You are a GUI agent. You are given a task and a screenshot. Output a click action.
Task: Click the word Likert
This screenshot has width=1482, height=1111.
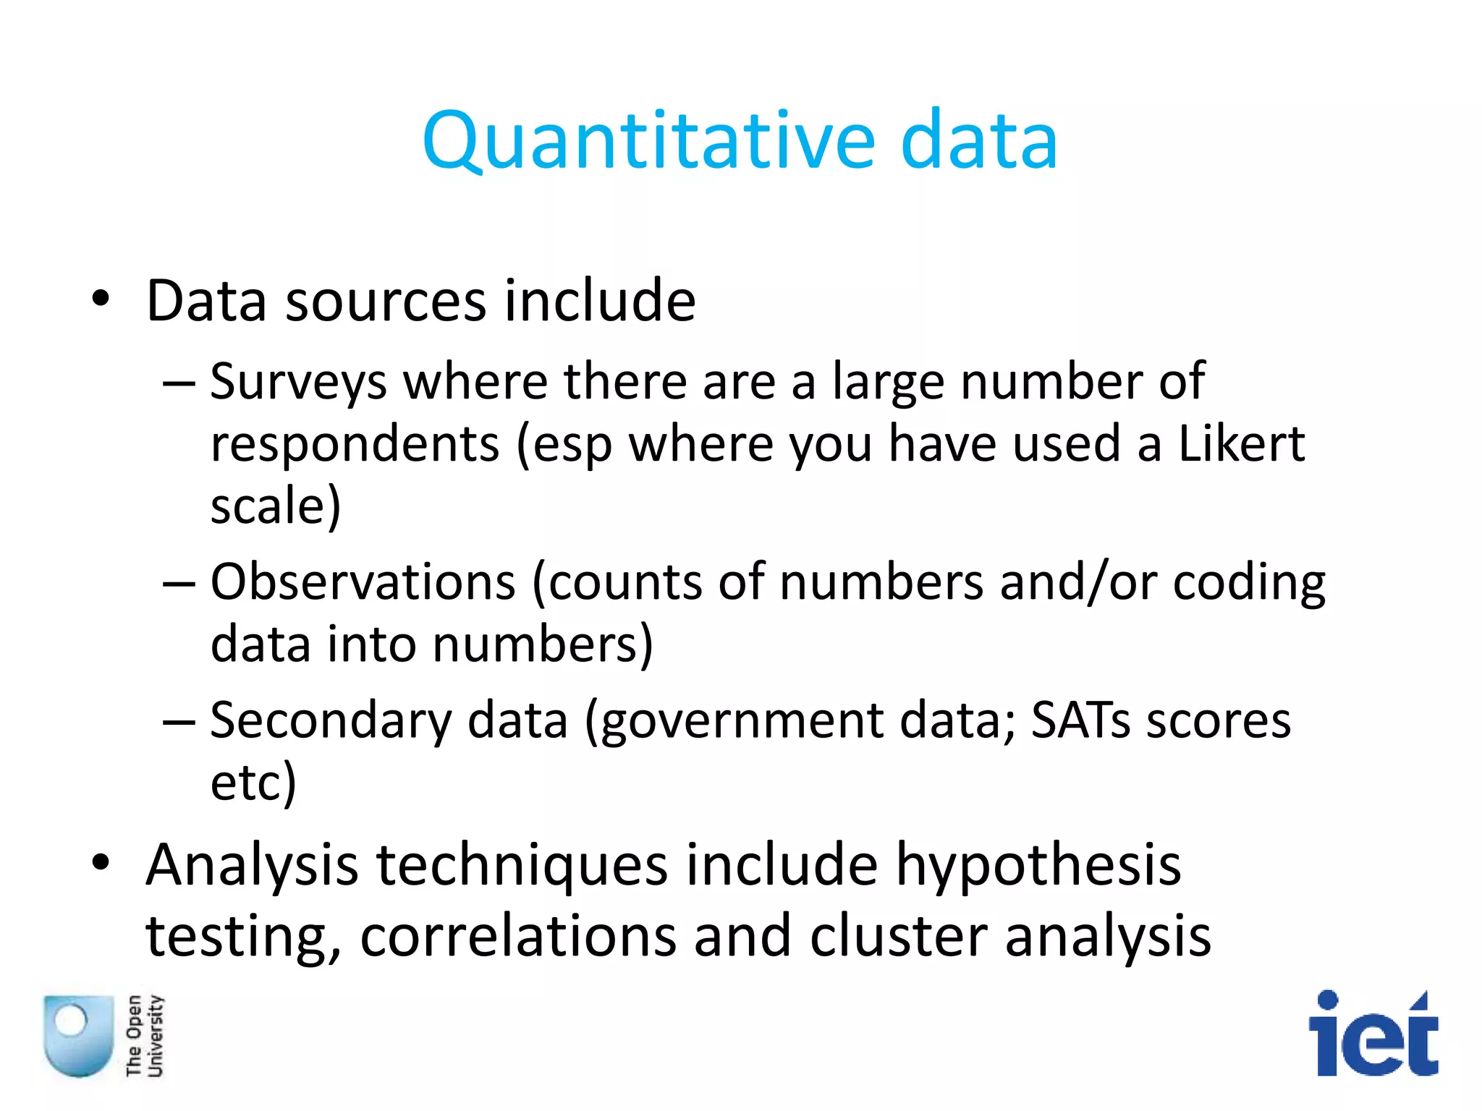pos(1242,443)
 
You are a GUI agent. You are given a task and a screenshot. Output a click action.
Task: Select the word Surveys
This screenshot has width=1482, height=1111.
pos(298,381)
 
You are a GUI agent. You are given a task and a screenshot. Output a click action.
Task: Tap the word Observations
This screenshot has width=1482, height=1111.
pos(363,582)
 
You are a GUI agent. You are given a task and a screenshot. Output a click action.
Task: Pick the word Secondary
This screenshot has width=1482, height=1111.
pos(330,720)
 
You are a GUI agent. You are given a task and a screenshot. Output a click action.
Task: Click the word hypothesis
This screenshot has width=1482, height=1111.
pos(1038,865)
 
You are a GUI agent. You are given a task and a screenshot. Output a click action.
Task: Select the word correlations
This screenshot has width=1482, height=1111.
pos(517,936)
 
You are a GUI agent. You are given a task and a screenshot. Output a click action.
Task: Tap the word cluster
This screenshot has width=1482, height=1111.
pos(898,936)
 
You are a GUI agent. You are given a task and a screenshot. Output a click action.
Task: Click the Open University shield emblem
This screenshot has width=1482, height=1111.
pos(78,1035)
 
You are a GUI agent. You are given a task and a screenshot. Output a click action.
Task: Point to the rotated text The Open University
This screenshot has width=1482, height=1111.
pos(144,1035)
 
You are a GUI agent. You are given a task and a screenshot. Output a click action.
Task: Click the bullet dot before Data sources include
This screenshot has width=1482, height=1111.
pos(101,298)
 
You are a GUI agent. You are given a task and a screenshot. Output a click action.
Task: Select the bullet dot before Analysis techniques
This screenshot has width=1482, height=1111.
pos(101,862)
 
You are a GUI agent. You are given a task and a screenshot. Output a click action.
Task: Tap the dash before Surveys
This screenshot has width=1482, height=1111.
pos(179,383)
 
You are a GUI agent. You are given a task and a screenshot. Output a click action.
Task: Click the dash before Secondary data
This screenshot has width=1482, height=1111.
pos(179,722)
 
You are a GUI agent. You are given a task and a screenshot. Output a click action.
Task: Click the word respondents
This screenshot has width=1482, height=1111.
pos(355,444)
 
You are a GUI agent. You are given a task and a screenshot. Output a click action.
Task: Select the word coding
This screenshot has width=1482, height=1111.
pos(1248,583)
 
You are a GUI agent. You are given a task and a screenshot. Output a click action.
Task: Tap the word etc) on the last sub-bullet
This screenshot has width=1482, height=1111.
pos(253,783)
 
